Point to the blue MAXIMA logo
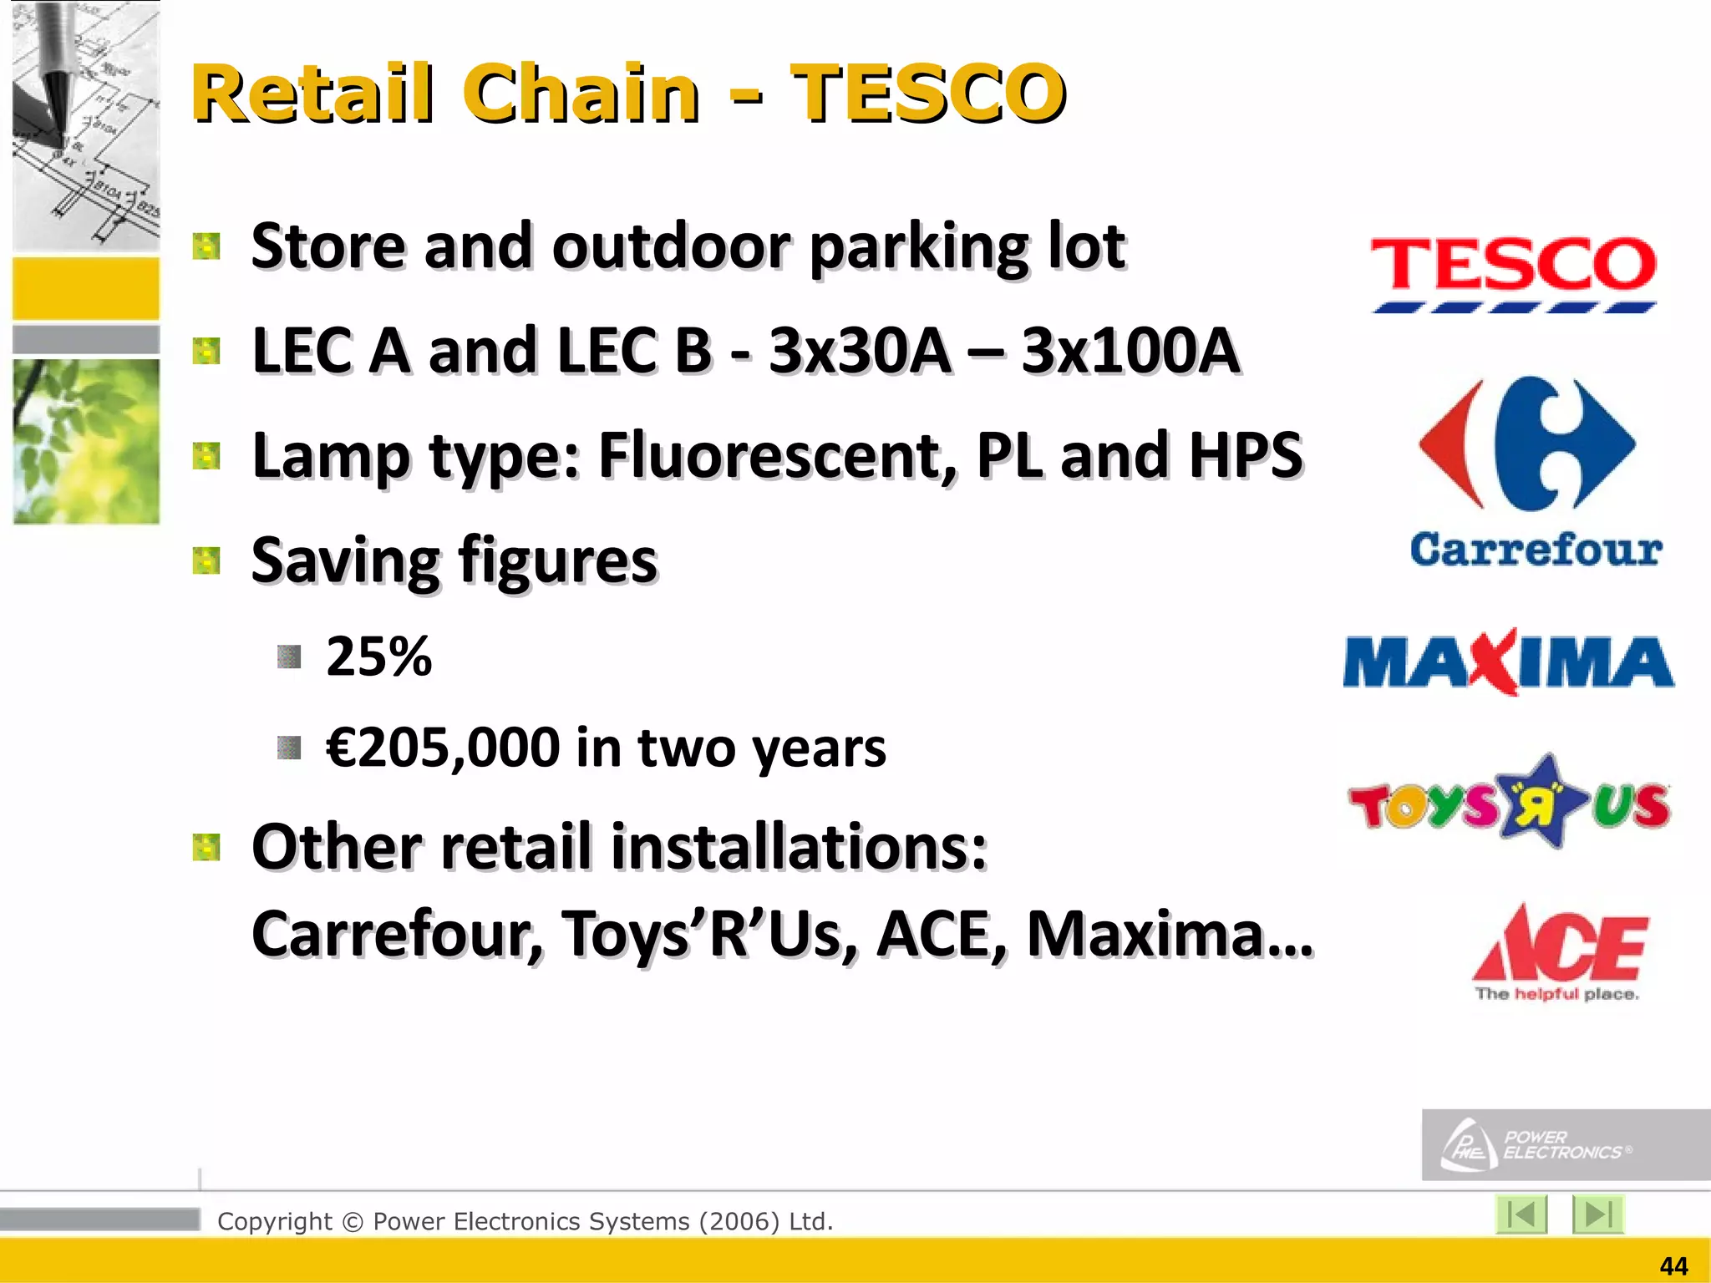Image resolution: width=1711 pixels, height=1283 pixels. click(1508, 662)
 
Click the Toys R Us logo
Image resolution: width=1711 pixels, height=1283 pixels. click(1509, 803)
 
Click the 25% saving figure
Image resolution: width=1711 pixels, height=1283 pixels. click(378, 657)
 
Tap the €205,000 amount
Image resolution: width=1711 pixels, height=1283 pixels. click(443, 748)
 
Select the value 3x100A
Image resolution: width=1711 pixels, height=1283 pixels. click(1130, 351)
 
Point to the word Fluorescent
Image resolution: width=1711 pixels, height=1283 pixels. click(777, 456)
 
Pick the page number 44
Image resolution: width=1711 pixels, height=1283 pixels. click(1673, 1266)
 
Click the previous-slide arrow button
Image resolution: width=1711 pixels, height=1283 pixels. click(1521, 1215)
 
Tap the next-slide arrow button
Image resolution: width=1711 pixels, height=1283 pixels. click(1597, 1215)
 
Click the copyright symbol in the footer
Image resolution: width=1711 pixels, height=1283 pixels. click(353, 1222)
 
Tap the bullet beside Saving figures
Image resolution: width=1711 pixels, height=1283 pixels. click(206, 561)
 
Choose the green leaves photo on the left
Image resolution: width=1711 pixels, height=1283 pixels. click(86, 441)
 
